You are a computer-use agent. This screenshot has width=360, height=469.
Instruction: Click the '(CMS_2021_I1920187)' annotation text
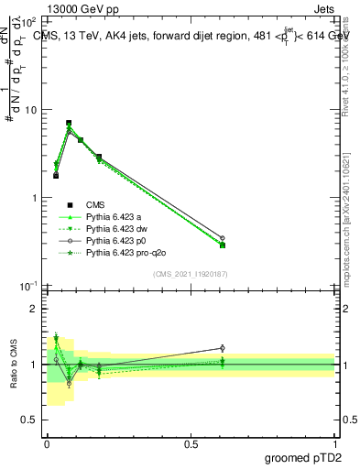[x=191, y=274]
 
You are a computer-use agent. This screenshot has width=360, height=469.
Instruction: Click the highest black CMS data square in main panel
[x=69, y=123]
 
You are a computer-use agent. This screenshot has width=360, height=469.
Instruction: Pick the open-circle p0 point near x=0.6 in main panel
[x=222, y=238]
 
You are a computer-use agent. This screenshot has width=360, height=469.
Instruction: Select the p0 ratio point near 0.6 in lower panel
[x=222, y=348]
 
